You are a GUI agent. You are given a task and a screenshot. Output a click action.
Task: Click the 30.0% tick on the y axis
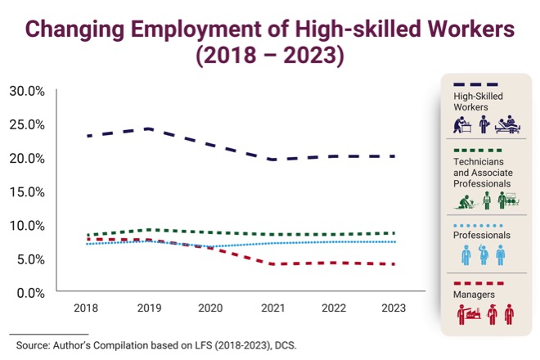click(27, 90)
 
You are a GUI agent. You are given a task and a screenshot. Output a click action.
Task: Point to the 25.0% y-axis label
click(27, 124)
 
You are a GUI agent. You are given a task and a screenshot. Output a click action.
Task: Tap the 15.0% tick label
click(27, 191)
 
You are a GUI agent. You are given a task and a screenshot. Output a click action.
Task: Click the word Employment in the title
click(198, 30)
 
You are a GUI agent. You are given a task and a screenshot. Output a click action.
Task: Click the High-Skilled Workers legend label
click(478, 101)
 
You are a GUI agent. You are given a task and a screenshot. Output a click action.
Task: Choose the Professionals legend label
click(482, 235)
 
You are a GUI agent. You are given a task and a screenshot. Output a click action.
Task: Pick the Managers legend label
click(472, 294)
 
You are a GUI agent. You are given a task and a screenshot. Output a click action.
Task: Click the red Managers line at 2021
click(272, 264)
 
